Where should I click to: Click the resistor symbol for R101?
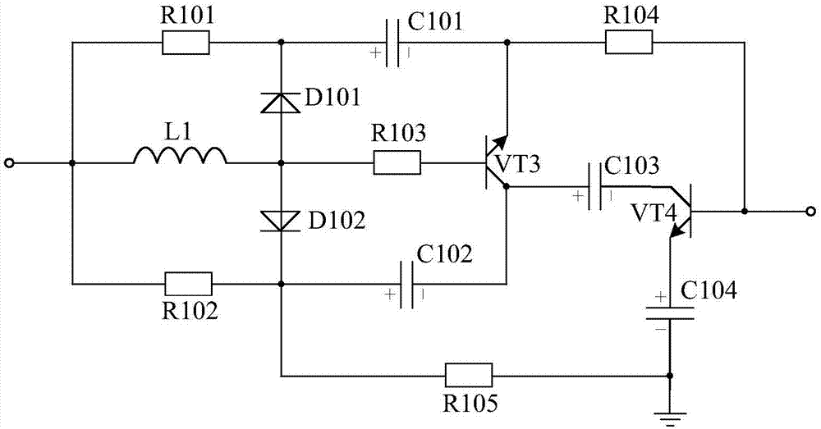(186, 43)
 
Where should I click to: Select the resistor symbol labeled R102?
(189, 284)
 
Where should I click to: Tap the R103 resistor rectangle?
(397, 163)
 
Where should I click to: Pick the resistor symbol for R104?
(630, 43)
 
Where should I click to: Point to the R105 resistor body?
(469, 376)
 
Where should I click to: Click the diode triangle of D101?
(281, 103)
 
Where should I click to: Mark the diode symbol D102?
(281, 220)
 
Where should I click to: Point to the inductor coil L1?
(181, 156)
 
